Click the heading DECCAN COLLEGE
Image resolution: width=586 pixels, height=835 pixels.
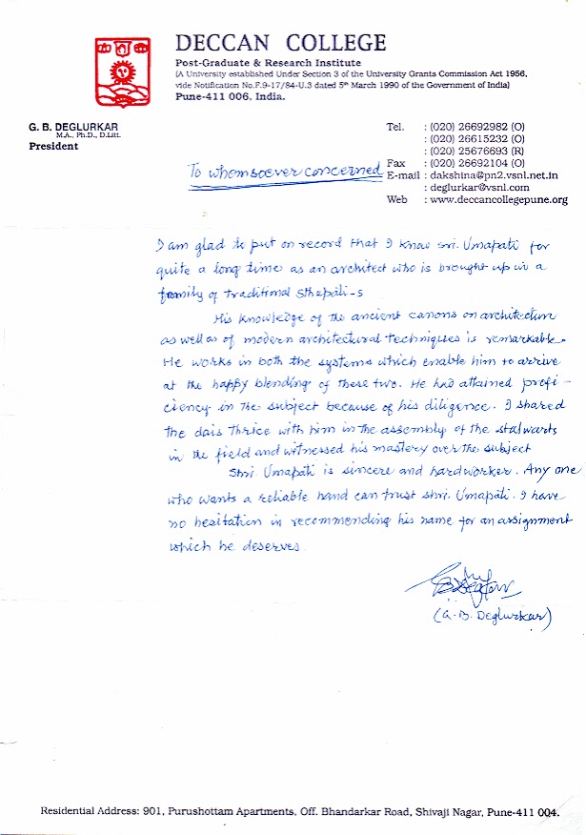281,43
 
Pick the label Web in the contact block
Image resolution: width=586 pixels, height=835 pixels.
395,200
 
